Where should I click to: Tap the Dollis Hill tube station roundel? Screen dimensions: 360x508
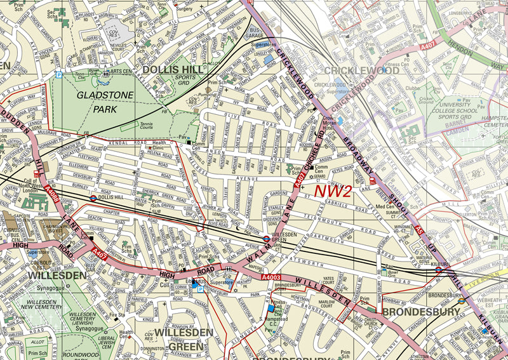tap(93, 197)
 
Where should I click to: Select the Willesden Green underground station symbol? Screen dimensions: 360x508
tap(267, 239)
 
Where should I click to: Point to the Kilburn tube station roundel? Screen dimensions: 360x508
tap(438, 269)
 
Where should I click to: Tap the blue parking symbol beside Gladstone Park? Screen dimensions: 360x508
tap(58, 74)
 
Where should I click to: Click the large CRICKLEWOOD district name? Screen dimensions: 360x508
tap(360, 70)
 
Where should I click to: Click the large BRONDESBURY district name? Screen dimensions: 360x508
tap(420, 312)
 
